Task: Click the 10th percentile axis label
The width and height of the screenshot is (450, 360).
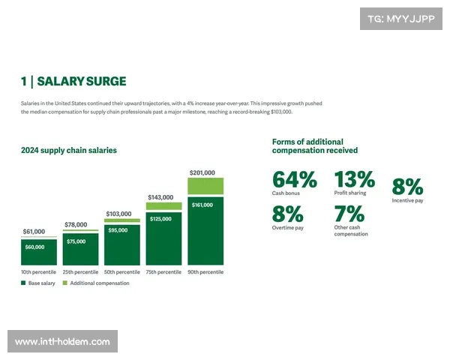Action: tap(39, 271)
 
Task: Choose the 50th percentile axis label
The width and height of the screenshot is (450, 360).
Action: tap(121, 271)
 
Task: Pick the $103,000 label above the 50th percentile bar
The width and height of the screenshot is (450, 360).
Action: tap(121, 214)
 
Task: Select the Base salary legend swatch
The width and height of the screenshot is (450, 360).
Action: tap(23, 283)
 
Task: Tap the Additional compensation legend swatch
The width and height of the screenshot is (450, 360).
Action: tap(65, 283)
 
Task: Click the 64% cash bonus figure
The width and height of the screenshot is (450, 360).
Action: tap(294, 180)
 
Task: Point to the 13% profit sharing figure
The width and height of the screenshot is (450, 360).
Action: tap(354, 180)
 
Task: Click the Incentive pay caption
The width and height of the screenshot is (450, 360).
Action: tap(407, 201)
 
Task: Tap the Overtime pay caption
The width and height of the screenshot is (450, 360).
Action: tap(288, 226)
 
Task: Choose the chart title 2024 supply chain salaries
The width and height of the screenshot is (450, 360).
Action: tap(69, 150)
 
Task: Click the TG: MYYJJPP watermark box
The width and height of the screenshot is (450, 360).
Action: tap(401, 19)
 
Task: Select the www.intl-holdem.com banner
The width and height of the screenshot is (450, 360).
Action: tap(62, 342)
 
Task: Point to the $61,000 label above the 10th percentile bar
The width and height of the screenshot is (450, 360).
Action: tap(38, 232)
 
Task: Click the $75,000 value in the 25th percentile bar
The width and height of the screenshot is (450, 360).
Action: tap(80, 241)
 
